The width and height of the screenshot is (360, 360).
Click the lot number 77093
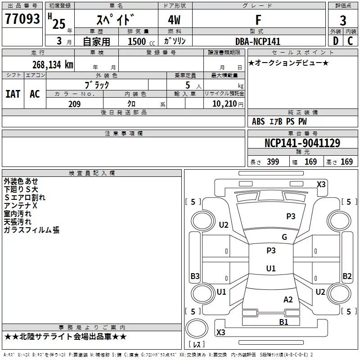click(22, 19)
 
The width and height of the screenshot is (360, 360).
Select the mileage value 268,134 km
click(53, 65)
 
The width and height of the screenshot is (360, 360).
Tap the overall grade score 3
click(343, 21)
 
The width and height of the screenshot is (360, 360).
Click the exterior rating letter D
click(335, 41)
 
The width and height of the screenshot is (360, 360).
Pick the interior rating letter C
click(350, 41)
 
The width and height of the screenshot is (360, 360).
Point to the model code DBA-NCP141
click(258, 41)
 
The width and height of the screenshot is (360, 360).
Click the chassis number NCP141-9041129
click(302, 143)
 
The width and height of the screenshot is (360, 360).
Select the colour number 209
click(74, 104)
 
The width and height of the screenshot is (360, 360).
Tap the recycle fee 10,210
click(225, 104)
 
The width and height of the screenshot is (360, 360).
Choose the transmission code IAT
click(13, 94)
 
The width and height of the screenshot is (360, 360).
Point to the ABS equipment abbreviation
click(258, 121)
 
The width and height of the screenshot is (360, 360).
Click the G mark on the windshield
click(284, 237)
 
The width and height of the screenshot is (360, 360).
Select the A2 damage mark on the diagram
click(288, 300)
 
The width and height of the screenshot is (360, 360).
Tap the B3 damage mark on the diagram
click(195, 276)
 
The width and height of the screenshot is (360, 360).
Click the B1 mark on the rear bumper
click(283, 322)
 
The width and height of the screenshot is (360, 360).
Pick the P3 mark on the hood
click(291, 216)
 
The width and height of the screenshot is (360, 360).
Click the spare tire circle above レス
click(197, 328)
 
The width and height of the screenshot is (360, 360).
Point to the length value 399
click(273, 162)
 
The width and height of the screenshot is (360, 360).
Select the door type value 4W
click(174, 20)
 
